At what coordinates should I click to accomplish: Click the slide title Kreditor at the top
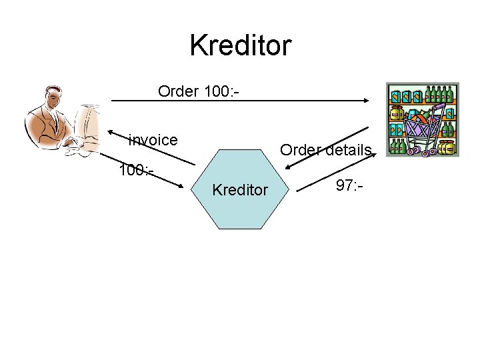[x=240, y=46]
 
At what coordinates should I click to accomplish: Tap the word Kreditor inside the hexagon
[x=240, y=191]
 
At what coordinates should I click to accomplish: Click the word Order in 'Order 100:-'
[x=178, y=91]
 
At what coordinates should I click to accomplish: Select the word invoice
[x=153, y=140]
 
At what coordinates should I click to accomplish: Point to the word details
[x=345, y=150]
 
